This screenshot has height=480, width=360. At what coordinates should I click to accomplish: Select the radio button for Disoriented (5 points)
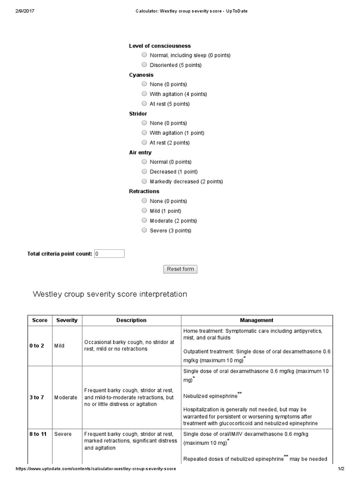click(x=144, y=65)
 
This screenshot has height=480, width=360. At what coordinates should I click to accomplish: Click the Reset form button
click(x=180, y=269)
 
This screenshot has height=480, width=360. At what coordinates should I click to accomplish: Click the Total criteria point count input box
click(x=109, y=254)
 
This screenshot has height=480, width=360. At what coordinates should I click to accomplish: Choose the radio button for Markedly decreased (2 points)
click(x=144, y=181)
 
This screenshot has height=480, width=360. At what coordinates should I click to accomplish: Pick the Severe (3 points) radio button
click(x=144, y=230)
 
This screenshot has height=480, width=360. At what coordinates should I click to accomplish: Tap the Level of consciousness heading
click(x=159, y=46)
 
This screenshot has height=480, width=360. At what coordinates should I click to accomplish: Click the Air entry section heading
click(x=140, y=152)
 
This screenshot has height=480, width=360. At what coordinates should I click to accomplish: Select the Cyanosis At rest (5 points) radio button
click(x=144, y=104)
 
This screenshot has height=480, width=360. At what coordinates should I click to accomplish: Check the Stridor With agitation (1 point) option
click(x=144, y=133)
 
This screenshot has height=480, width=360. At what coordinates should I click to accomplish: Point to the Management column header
click(x=256, y=320)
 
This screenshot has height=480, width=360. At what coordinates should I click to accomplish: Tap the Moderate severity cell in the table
click(x=65, y=397)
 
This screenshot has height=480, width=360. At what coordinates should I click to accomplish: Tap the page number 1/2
click(x=341, y=469)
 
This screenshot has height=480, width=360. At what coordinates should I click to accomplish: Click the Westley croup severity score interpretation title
click(x=110, y=294)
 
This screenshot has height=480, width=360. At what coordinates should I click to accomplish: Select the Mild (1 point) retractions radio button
click(x=144, y=210)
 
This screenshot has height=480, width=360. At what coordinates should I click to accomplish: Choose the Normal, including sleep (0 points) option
click(x=144, y=55)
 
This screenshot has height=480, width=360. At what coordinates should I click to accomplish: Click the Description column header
click(x=131, y=320)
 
